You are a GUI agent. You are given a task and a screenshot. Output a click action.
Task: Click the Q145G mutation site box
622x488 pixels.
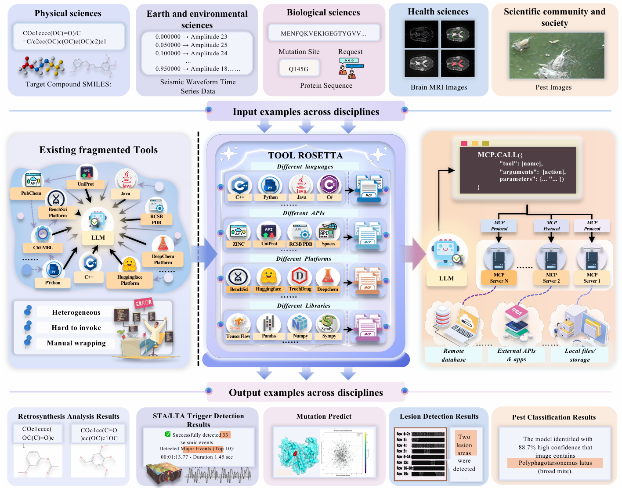click(299, 68)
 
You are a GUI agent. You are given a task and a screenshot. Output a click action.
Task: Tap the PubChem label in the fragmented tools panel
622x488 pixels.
click(31, 193)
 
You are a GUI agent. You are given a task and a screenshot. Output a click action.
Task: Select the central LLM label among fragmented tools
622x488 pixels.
click(98, 238)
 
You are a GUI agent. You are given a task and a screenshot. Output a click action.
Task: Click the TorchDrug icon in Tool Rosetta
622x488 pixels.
click(300, 277)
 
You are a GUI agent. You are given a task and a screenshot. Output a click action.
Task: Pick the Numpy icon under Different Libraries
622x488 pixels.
click(300, 324)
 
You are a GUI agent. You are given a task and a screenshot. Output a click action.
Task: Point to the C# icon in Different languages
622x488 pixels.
click(329, 185)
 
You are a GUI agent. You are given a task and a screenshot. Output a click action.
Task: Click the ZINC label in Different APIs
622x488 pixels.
click(239, 244)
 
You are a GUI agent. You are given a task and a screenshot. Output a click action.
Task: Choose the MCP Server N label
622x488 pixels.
click(499, 278)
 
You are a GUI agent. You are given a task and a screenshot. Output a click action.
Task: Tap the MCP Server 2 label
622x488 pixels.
click(551, 278)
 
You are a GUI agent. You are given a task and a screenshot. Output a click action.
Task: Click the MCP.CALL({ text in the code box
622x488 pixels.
click(500, 154)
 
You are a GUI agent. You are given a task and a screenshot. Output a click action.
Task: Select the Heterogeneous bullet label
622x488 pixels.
click(76, 312)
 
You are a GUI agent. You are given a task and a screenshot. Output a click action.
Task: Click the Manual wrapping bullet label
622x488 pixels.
click(76, 343)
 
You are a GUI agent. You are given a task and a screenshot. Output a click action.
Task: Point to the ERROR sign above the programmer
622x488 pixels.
click(144, 303)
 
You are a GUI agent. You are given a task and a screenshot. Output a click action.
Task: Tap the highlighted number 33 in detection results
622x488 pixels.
click(225, 435)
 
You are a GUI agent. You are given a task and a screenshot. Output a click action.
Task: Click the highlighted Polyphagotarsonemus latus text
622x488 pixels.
click(555, 463)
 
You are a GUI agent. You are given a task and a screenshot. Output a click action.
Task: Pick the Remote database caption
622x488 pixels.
click(454, 355)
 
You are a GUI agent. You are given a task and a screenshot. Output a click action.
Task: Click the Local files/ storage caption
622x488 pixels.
click(580, 355)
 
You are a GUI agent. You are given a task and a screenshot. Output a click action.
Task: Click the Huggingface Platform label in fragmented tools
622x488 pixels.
click(130, 280)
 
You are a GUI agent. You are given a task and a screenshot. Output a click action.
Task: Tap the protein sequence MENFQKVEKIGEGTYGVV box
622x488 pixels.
click(323, 33)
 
